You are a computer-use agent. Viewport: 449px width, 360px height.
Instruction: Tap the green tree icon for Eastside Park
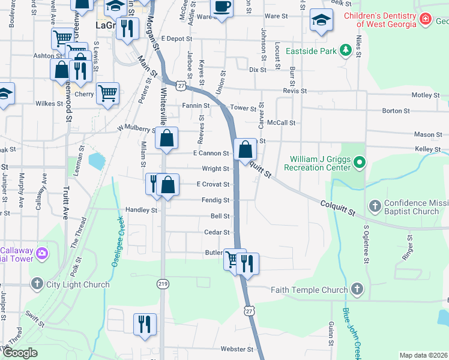pyautogui.click(x=346, y=51)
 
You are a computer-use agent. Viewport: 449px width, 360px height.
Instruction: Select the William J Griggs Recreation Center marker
pyautogui.click(x=359, y=162)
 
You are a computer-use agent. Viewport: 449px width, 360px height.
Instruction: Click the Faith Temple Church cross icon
pyautogui.click(x=357, y=290)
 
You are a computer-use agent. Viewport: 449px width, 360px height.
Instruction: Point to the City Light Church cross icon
pyautogui.click(x=37, y=284)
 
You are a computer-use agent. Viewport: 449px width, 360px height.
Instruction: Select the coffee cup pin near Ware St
pyautogui.click(x=222, y=7)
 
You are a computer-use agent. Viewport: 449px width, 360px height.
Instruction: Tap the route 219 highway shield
pyautogui.click(x=162, y=284)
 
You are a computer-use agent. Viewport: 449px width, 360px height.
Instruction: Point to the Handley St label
pyautogui.click(x=141, y=211)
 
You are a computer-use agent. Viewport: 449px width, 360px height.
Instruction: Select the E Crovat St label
pyautogui.click(x=213, y=184)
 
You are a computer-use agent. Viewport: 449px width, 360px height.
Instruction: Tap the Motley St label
pyautogui.click(x=426, y=95)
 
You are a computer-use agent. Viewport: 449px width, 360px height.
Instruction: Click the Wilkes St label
pyautogui.click(x=50, y=104)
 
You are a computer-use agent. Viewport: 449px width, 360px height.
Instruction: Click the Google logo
pyautogui.click(x=20, y=353)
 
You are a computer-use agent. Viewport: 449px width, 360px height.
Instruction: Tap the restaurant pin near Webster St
pyautogui.click(x=144, y=325)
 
